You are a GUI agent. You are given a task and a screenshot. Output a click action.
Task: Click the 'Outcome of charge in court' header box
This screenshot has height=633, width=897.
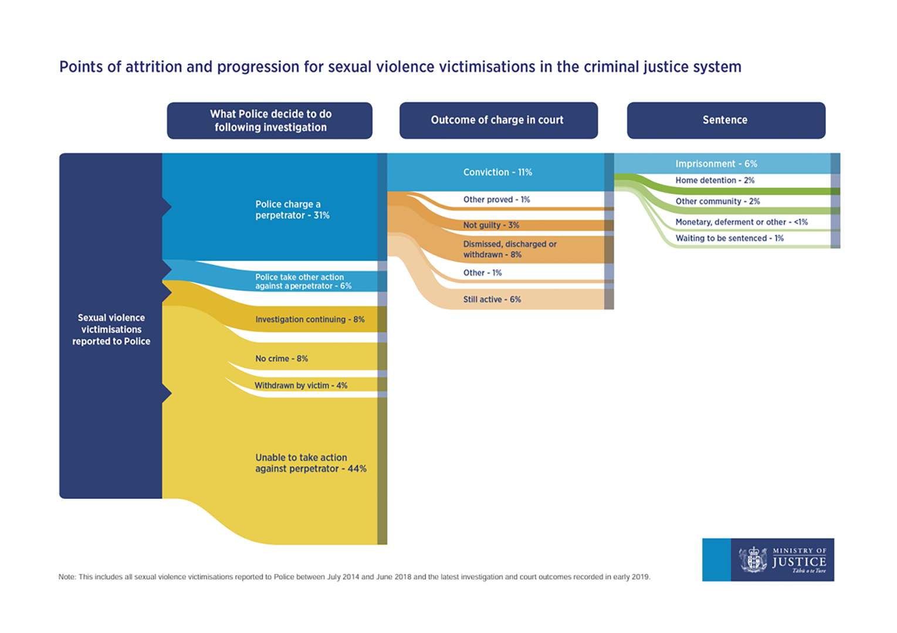499,120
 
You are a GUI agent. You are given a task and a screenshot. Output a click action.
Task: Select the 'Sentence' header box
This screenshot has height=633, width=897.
726,120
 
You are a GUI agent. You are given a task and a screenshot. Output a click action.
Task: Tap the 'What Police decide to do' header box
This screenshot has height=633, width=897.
269,120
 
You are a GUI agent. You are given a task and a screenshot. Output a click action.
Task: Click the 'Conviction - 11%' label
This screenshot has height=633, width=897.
497,172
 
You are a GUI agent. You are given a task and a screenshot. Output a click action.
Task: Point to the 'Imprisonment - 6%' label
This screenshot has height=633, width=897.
716,164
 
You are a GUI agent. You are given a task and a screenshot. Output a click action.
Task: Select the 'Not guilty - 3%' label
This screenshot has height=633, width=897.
492,225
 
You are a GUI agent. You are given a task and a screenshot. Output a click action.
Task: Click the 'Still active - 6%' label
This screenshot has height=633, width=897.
492,300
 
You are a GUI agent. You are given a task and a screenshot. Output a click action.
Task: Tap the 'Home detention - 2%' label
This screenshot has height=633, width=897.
715,181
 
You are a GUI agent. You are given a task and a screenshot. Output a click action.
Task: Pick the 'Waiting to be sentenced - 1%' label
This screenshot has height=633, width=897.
730,239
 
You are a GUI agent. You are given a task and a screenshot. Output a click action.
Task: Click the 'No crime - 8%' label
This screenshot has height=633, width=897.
282,359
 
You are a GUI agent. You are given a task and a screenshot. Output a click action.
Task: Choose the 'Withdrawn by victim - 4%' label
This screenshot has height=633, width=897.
301,385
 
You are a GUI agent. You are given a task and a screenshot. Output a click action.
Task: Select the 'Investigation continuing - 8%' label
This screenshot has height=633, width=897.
310,319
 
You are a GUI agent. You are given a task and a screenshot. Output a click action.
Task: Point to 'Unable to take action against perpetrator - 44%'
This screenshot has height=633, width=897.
311,463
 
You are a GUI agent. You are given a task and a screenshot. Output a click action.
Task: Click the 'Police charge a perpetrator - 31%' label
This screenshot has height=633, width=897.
292,210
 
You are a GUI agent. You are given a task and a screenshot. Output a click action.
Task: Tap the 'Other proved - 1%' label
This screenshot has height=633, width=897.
496,199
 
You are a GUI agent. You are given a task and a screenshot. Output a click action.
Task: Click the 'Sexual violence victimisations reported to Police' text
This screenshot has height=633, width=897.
111,329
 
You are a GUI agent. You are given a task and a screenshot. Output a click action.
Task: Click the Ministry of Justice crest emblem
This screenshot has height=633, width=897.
753,560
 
